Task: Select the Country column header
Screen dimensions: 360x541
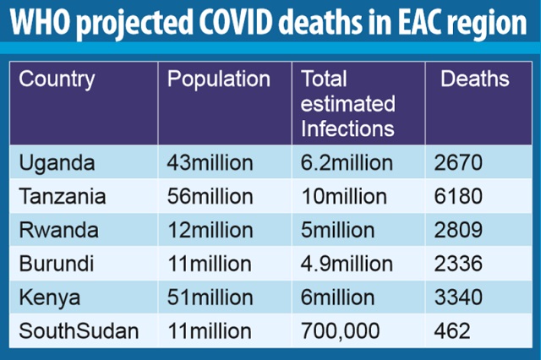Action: pos(57,80)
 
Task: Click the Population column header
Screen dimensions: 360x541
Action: pos(219,80)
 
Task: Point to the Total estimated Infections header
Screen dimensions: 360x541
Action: pos(347,105)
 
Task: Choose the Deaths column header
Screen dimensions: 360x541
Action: pos(475,80)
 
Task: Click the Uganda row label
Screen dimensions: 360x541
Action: pos(57,161)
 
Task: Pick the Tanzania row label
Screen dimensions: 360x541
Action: pos(63,197)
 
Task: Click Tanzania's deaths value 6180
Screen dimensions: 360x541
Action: pos(462,197)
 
